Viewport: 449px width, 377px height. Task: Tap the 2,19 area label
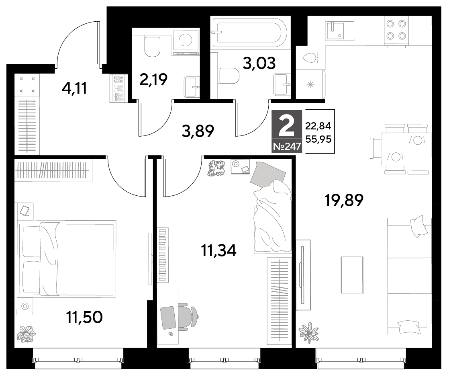point(153,79)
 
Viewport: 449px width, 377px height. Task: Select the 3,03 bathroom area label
point(259,64)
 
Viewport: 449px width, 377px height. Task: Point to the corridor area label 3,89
point(198,131)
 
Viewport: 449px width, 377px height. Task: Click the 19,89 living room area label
point(344,200)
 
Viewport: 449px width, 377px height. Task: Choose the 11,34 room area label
point(219,251)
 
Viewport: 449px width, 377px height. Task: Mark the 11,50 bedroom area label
point(84,317)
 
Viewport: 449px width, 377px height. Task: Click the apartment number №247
point(287,147)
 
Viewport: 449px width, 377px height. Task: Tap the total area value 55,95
point(318,139)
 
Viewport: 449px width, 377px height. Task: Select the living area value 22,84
point(318,126)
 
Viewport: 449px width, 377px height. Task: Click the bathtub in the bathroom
point(249,33)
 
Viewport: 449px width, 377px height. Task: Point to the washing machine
point(186,41)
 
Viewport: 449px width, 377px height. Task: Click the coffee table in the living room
point(352,275)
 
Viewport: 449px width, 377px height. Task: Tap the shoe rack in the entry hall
point(116,88)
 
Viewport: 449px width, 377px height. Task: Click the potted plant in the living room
point(309,333)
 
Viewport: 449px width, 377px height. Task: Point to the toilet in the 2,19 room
point(152,46)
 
